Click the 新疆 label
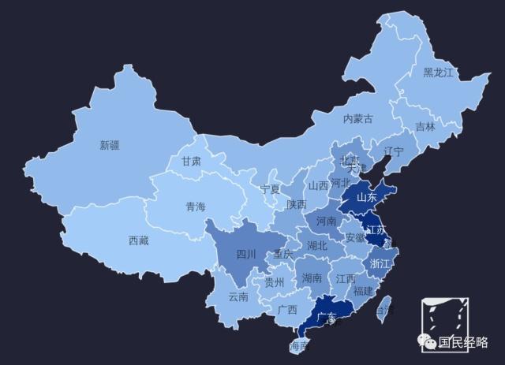110,145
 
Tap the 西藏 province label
139,241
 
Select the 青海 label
195,207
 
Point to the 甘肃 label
192,161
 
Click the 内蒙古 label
357,119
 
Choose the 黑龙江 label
439,73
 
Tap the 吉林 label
425,127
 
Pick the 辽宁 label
394,151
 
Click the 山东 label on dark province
367,197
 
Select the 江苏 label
376,230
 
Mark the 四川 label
247,255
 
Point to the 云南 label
238,297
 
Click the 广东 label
326,317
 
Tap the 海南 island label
299,345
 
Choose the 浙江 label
380,263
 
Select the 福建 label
364,291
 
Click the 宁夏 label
271,189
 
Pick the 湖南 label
312,278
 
